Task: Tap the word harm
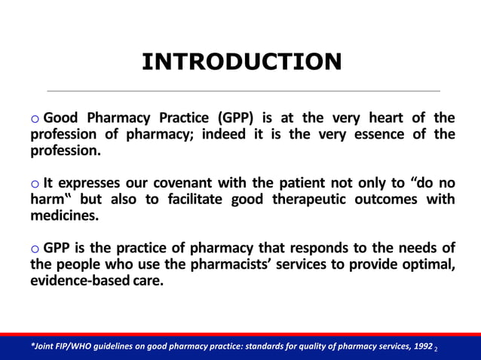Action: click(44, 200)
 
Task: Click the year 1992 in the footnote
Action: click(421, 346)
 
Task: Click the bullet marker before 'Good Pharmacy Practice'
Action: click(35, 119)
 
